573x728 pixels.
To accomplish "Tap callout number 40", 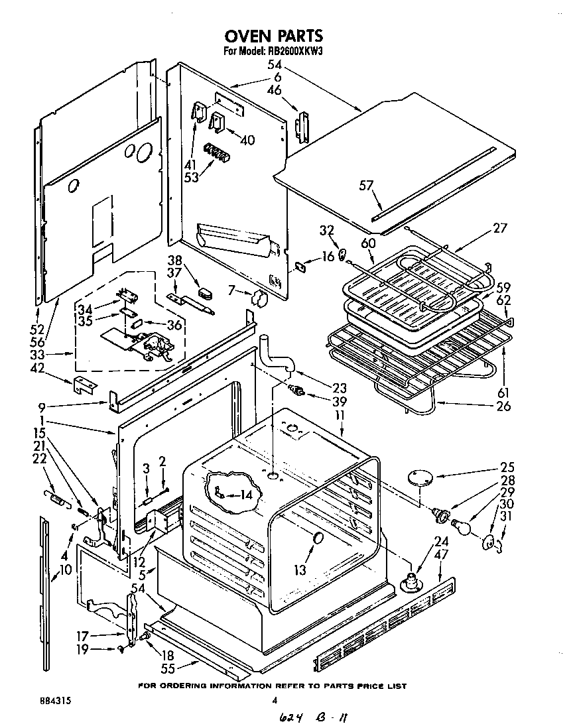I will point(247,140).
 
